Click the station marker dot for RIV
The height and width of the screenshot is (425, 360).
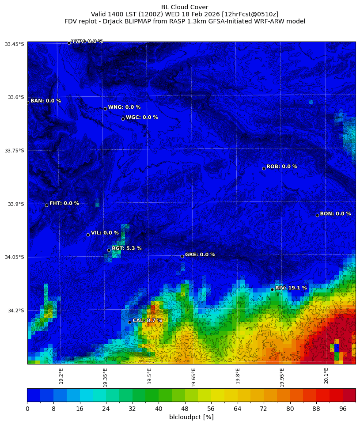pyautogui.click(x=272, y=289)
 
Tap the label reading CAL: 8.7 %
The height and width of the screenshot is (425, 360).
pyautogui.click(x=147, y=320)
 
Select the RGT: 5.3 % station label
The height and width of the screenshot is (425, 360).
pyautogui.click(x=126, y=248)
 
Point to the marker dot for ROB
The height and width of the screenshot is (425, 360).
pyautogui.click(x=264, y=168)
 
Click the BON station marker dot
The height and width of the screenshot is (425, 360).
pyautogui.click(x=317, y=215)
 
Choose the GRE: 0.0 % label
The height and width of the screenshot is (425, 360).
pyautogui.click(x=200, y=254)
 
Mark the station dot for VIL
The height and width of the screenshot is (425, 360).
pyautogui.click(x=88, y=235)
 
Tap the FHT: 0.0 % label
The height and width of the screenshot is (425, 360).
pyautogui.click(x=64, y=203)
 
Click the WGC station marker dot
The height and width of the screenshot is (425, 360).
pyautogui.click(x=123, y=119)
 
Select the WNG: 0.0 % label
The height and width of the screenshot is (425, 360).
pyautogui.click(x=124, y=107)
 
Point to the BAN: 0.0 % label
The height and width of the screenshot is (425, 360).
pyautogui.click(x=45, y=101)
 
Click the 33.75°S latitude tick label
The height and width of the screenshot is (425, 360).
pyautogui.click(x=15, y=151)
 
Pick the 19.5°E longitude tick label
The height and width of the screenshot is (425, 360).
pyautogui.click(x=149, y=376)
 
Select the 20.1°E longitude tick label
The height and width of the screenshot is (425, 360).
pyautogui.click(x=326, y=376)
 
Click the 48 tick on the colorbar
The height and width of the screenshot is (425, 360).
pyautogui.click(x=185, y=409)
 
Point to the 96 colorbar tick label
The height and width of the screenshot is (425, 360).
pyautogui.click(x=342, y=409)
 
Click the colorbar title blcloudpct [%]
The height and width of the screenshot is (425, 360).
pyautogui.click(x=191, y=417)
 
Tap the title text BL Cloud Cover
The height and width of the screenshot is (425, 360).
pyautogui.click(x=185, y=7)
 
